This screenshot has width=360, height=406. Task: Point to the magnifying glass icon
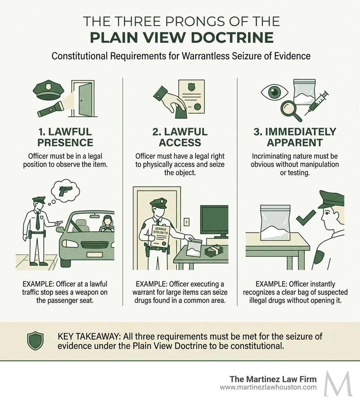click(x=292, y=109)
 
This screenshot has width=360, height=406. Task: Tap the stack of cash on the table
click(x=213, y=251)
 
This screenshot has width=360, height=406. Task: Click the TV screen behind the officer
click(x=214, y=221)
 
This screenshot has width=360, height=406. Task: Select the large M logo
click(x=338, y=383)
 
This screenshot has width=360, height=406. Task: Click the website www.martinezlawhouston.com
click(x=268, y=387)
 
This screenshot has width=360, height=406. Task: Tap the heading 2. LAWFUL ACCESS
click(x=180, y=137)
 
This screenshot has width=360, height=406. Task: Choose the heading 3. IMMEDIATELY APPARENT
click(x=295, y=137)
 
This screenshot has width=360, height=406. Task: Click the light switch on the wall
click(x=187, y=222)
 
